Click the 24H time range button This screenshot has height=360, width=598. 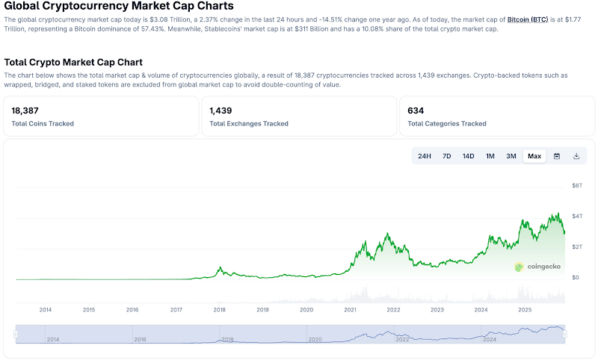pyautogui.click(x=425, y=156)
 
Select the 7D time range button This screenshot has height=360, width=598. pyautogui.click(x=446, y=156)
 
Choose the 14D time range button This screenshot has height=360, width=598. pyautogui.click(x=468, y=156)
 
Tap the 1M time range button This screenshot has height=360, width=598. pyautogui.click(x=490, y=156)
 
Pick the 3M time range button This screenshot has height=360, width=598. pyautogui.click(x=511, y=156)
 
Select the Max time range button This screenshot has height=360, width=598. pyautogui.click(x=534, y=156)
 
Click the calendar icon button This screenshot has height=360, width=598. pyautogui.click(x=557, y=156)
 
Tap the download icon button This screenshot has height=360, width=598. pyautogui.click(x=576, y=156)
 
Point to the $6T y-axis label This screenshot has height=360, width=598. pyautogui.click(x=576, y=185)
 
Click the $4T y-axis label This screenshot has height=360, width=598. pyautogui.click(x=576, y=216)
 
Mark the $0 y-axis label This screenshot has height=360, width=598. pyautogui.click(x=576, y=277)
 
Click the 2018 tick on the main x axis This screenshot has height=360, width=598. pyautogui.click(x=220, y=309)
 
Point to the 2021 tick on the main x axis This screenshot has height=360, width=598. pyautogui.click(x=350, y=309)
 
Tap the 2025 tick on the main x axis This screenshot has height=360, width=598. pyautogui.click(x=525, y=309)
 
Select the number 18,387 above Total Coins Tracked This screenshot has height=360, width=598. pyautogui.click(x=25, y=111)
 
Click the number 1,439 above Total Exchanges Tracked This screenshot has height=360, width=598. pyautogui.click(x=221, y=111)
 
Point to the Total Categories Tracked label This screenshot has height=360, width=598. pyautogui.click(x=446, y=123)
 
